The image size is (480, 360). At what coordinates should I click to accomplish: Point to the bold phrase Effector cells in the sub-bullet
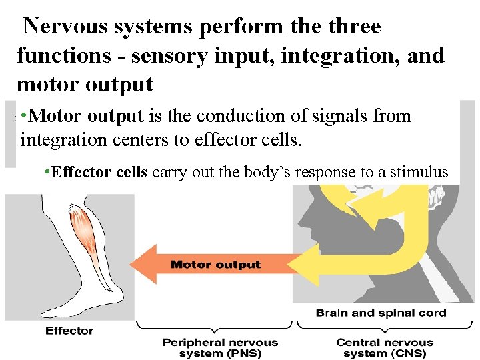pos(99,172)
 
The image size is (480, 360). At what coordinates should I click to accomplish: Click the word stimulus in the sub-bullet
pos(421,172)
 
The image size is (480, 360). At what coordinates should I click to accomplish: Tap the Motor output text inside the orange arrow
pos(215,265)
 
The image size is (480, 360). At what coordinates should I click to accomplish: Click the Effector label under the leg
pos(69,331)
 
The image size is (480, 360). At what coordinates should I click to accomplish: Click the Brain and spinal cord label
pos(381,313)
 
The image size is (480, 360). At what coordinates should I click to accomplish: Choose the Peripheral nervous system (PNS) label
pos(221,347)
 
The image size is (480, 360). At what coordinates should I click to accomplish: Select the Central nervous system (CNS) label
pos(384,347)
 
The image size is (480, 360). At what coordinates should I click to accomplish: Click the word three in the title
pos(349,27)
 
